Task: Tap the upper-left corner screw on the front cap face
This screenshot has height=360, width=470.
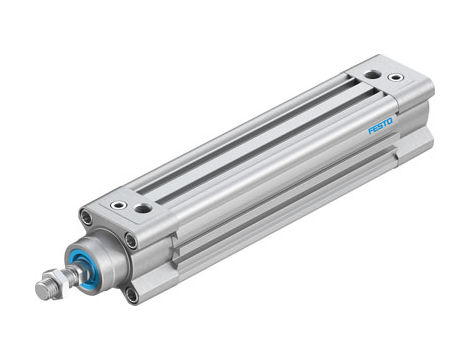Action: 88,215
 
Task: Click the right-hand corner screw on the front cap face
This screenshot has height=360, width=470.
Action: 131,240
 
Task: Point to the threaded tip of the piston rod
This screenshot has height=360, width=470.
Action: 41,291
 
